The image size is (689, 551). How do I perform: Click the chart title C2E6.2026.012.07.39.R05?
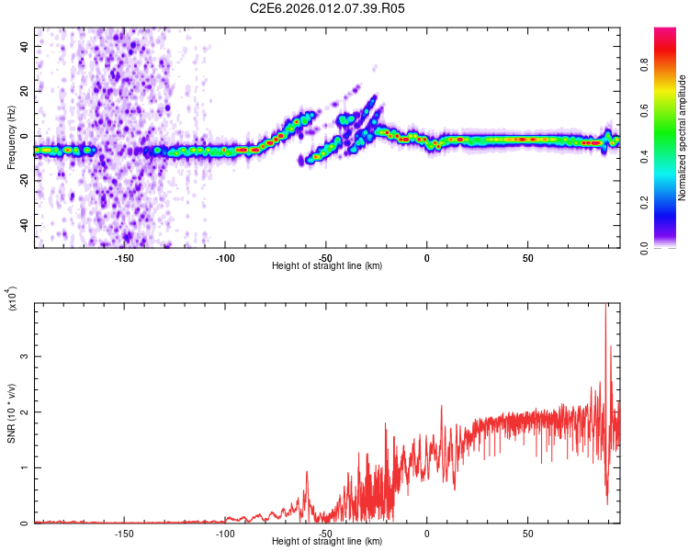[327, 9]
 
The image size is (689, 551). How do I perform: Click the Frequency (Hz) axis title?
[12, 137]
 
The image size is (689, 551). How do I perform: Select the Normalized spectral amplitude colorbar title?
[683, 138]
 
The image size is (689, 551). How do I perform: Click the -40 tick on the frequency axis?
[22, 226]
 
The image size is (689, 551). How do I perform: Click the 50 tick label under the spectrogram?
[528, 257]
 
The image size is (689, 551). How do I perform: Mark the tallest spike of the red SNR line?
[604, 307]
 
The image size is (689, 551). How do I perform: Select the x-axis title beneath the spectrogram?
[327, 266]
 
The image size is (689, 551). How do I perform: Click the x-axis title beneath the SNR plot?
[327, 542]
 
